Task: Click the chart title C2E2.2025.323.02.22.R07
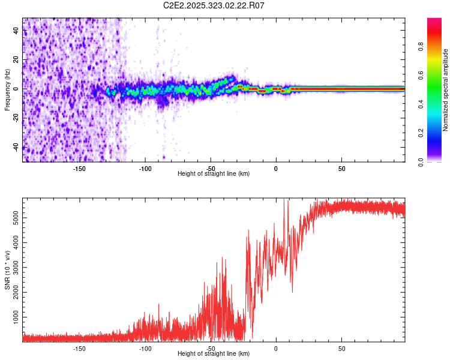[214, 6]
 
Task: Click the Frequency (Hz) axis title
[7, 90]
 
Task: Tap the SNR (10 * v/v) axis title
[7, 271]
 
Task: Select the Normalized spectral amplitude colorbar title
[446, 90]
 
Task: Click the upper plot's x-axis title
[214, 173]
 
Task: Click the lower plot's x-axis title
[214, 353]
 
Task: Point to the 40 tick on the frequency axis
[16, 31]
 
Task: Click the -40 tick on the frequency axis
[16, 147]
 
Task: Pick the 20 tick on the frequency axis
[16, 60]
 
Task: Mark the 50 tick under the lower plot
[341, 348]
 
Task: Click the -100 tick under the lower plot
[145, 348]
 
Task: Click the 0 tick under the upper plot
[276, 168]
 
